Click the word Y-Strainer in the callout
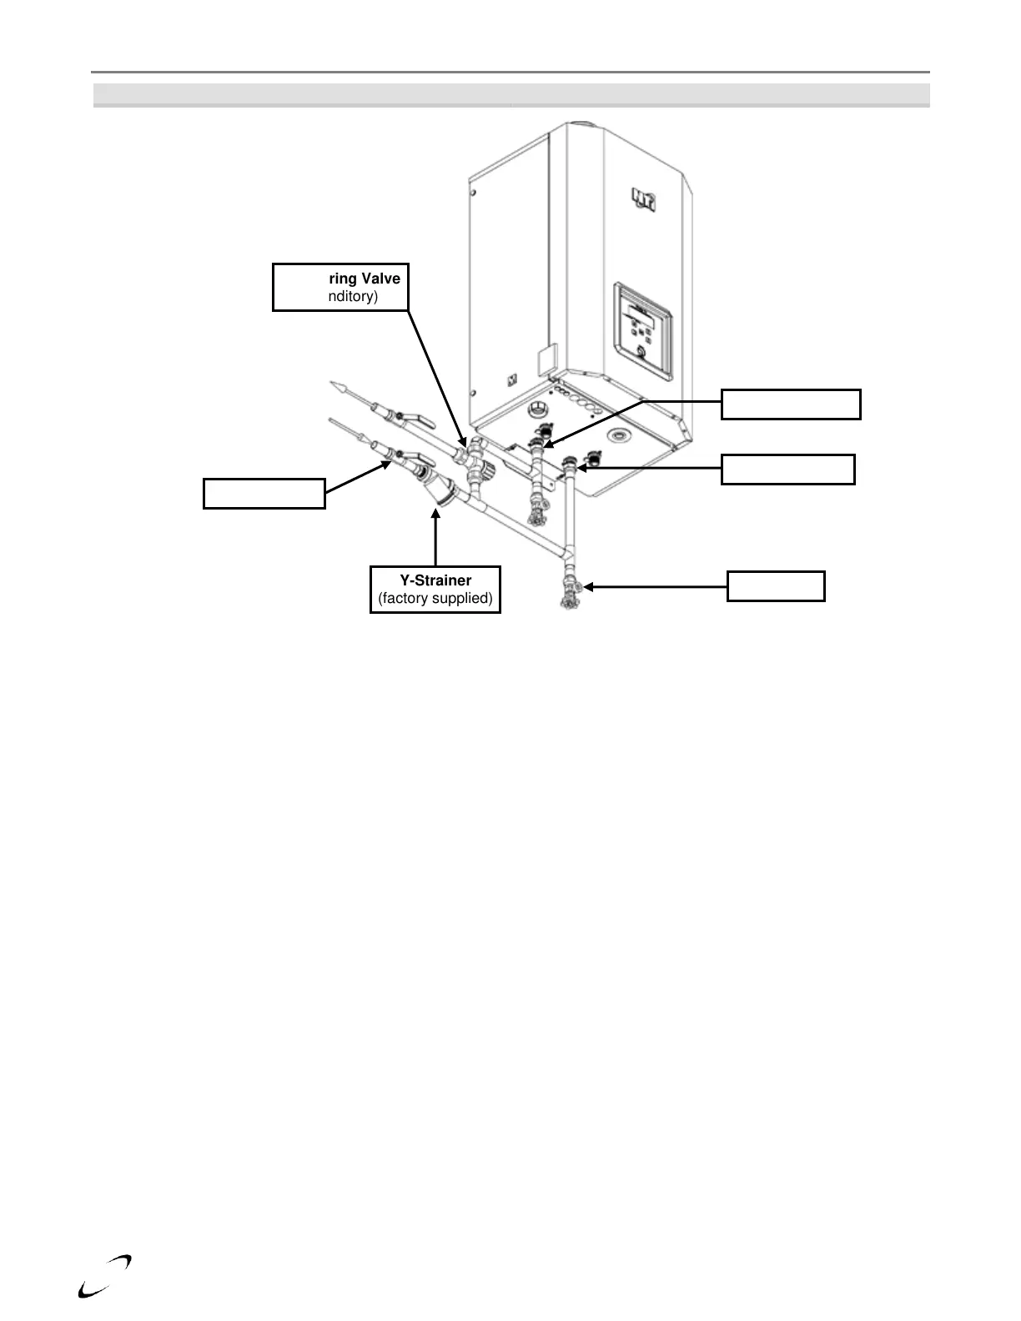click(x=435, y=580)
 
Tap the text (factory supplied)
click(x=435, y=598)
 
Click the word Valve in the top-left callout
click(x=380, y=279)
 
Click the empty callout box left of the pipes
click(x=264, y=493)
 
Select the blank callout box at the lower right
click(x=776, y=586)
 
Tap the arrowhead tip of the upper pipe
click(x=336, y=384)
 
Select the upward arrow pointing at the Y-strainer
click(x=435, y=534)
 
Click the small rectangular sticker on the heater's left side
click(x=544, y=361)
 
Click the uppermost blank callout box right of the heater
click(x=790, y=404)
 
